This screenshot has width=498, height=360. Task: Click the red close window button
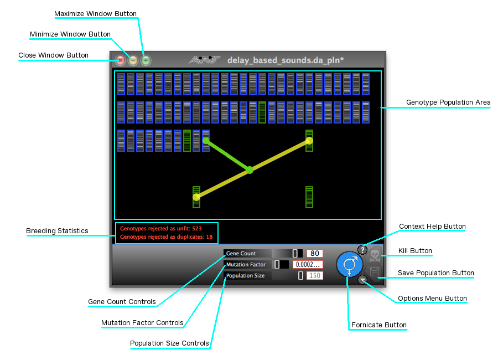click(x=120, y=61)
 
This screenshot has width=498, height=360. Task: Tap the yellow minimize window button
click(x=133, y=61)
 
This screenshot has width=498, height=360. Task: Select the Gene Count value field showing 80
click(x=315, y=254)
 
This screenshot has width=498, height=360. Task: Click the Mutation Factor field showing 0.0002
click(x=308, y=265)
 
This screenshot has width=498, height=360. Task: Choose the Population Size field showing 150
click(x=315, y=275)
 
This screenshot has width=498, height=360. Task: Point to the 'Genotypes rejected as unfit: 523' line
click(x=161, y=228)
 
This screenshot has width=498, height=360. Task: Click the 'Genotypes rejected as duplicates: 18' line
click(x=167, y=237)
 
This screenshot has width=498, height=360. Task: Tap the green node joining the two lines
click(x=250, y=170)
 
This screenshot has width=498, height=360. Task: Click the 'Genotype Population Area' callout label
click(x=448, y=102)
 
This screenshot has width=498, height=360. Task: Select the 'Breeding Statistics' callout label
click(x=58, y=231)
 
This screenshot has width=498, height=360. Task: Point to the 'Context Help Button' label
click(x=432, y=227)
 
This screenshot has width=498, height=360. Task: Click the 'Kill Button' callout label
click(x=416, y=251)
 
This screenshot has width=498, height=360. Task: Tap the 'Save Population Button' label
click(x=436, y=273)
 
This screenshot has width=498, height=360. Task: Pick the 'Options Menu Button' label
click(x=432, y=299)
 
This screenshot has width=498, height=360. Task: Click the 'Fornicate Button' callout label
click(x=379, y=325)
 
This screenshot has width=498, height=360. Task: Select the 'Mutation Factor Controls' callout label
click(x=142, y=323)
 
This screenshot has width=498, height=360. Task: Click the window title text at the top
click(x=286, y=60)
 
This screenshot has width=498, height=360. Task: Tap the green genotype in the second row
click(x=262, y=112)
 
